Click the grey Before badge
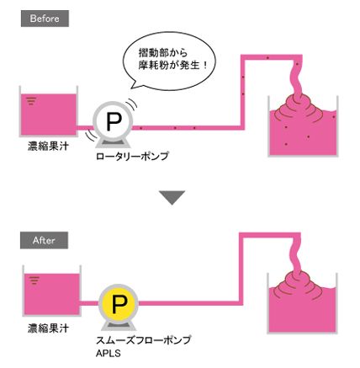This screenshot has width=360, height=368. tap(45, 19)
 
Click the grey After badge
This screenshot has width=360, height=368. tap(44, 240)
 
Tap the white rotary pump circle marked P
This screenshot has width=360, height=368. tap(114, 121)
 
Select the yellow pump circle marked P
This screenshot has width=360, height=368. tap(119, 303)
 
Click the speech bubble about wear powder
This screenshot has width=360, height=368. tap(170, 61)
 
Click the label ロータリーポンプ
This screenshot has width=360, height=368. tap(132, 156)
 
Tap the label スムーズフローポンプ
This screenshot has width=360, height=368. tap(144, 340)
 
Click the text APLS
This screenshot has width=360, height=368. tap(109, 353)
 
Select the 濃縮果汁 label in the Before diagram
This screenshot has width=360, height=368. tap(48, 147)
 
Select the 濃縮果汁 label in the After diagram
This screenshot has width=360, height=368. tap(48, 328)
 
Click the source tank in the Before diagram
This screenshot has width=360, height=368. tap(49, 111)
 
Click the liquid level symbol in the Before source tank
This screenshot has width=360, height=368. tap(31, 100)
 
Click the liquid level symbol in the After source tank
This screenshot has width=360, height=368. tap(34, 280)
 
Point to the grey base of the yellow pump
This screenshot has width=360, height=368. tap(118, 326)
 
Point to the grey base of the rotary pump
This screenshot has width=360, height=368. tap(113, 143)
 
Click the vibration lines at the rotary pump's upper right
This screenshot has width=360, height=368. tap(132, 104)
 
